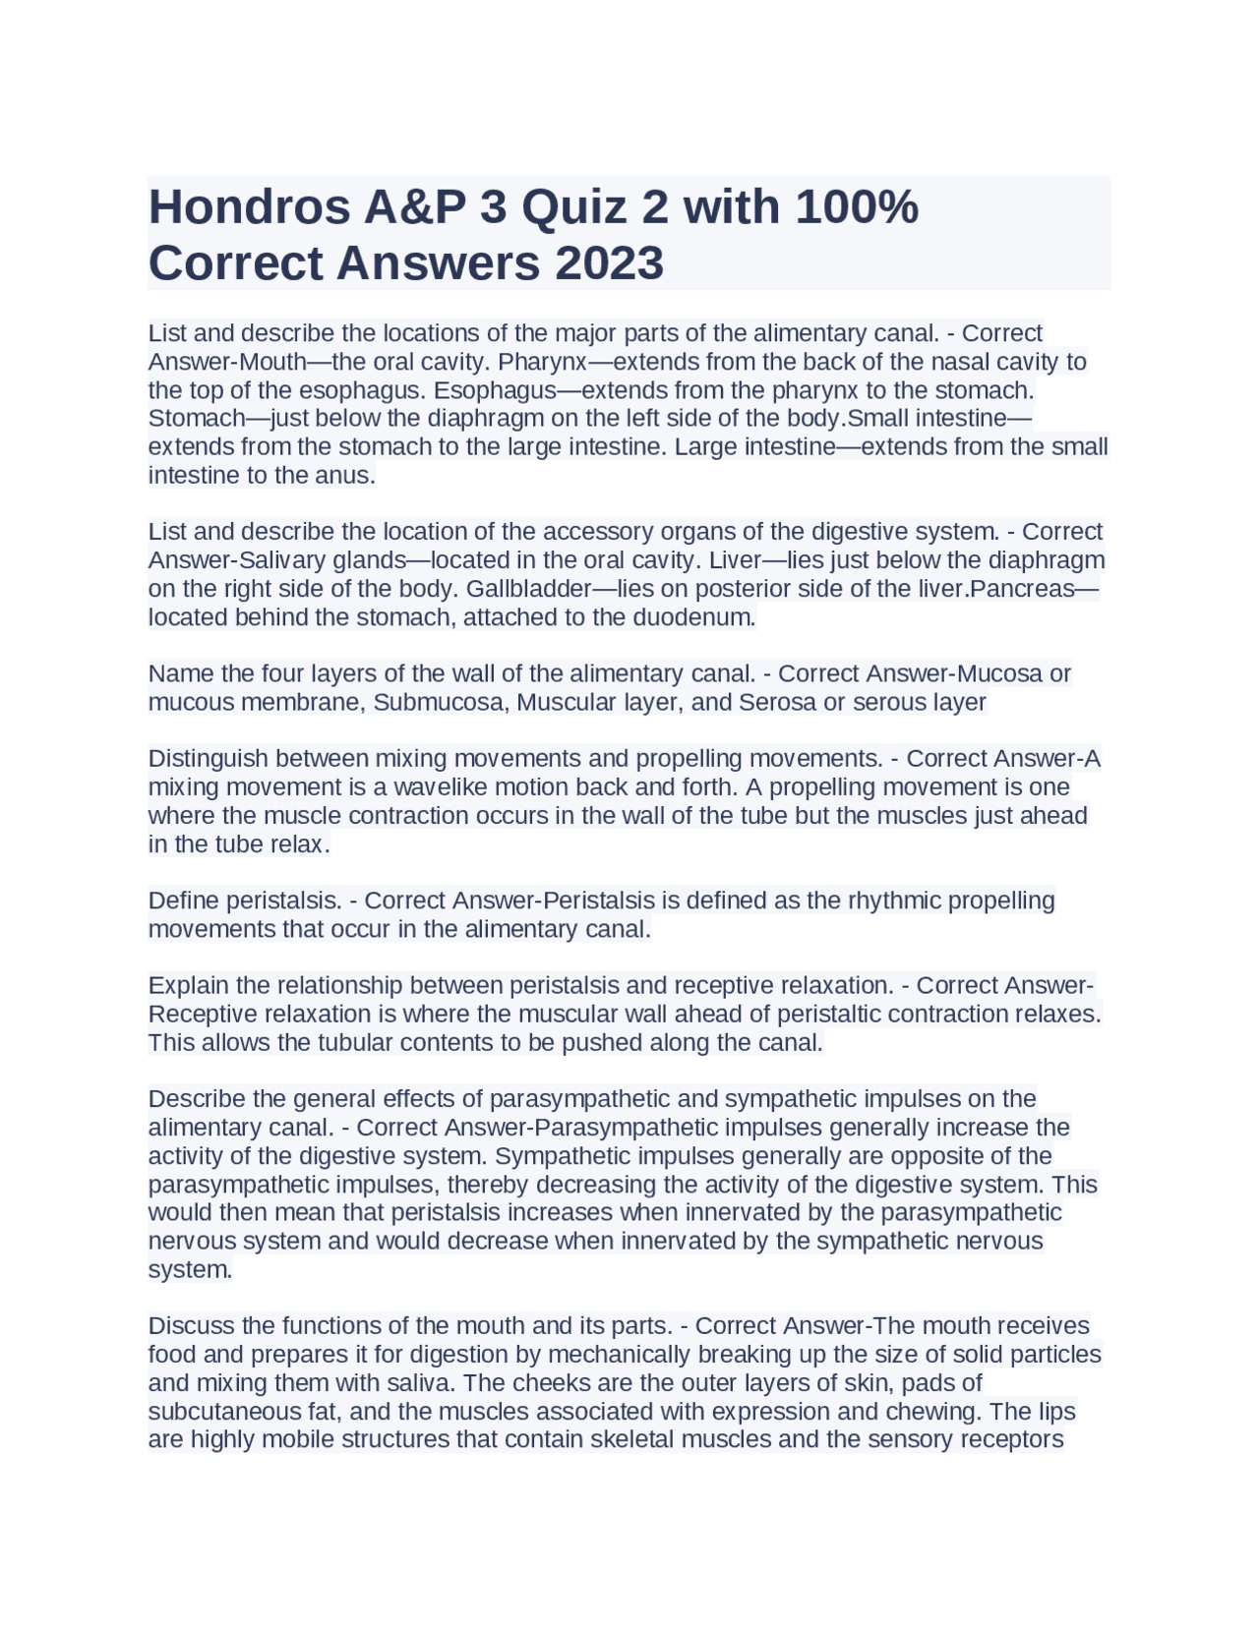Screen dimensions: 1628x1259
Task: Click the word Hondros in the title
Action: click(x=249, y=207)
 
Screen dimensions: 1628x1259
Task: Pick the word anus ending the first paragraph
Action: click(x=347, y=476)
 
